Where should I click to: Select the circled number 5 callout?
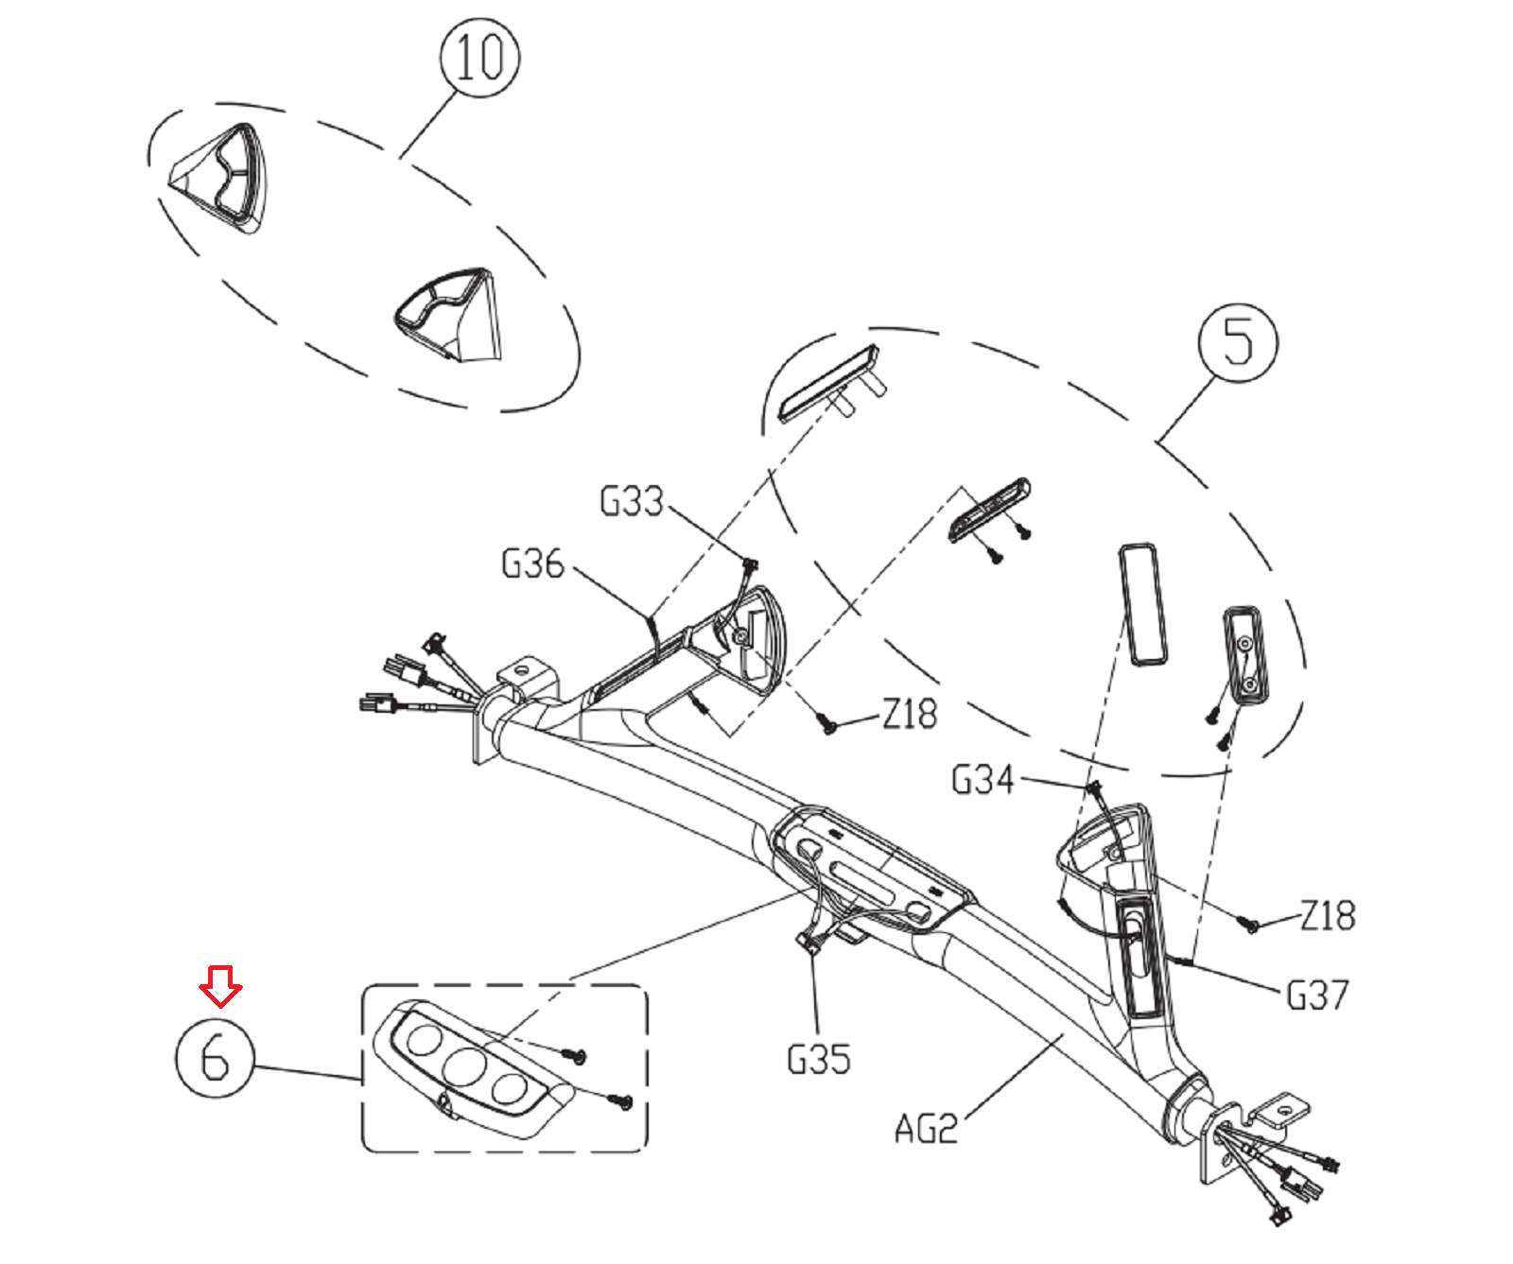point(1237,341)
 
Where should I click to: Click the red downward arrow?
point(220,986)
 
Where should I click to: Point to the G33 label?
point(632,501)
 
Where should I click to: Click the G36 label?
point(532,563)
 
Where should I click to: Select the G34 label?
point(983,780)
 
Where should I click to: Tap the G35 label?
point(819,1059)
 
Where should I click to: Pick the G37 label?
point(1317,995)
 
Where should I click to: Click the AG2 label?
point(926,1129)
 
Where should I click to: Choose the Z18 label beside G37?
point(1328,915)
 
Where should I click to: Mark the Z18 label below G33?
point(910,714)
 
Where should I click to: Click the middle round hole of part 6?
point(464,1065)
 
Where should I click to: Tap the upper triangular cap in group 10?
point(221,176)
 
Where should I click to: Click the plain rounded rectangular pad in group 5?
point(1142,604)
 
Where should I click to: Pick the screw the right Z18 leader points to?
point(1249,925)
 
